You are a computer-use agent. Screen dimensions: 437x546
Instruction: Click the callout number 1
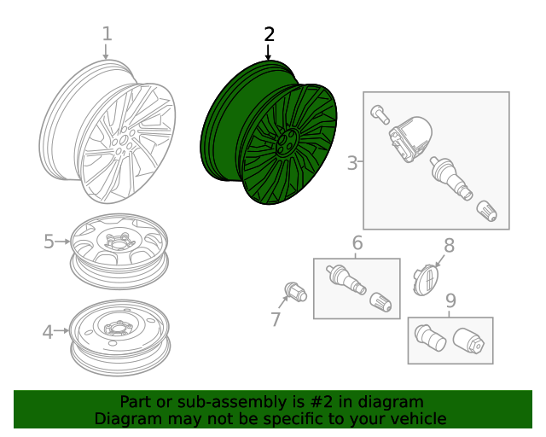[x=107, y=34]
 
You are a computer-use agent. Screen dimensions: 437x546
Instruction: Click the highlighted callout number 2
[x=270, y=34]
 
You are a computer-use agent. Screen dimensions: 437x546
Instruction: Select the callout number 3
[x=352, y=162]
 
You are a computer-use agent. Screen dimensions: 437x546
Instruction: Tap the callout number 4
[x=48, y=331]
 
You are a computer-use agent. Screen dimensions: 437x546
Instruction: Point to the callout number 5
[x=49, y=242]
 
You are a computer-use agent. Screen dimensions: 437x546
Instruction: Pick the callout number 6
[x=357, y=242]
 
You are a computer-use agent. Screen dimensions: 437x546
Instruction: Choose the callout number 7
[x=276, y=319]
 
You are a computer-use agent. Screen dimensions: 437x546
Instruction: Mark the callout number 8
[x=449, y=246]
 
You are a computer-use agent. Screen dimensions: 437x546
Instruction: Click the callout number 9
[x=450, y=300]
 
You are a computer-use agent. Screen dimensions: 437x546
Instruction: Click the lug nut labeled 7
[x=296, y=292]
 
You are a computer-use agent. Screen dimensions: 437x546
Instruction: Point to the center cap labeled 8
[x=427, y=279]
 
